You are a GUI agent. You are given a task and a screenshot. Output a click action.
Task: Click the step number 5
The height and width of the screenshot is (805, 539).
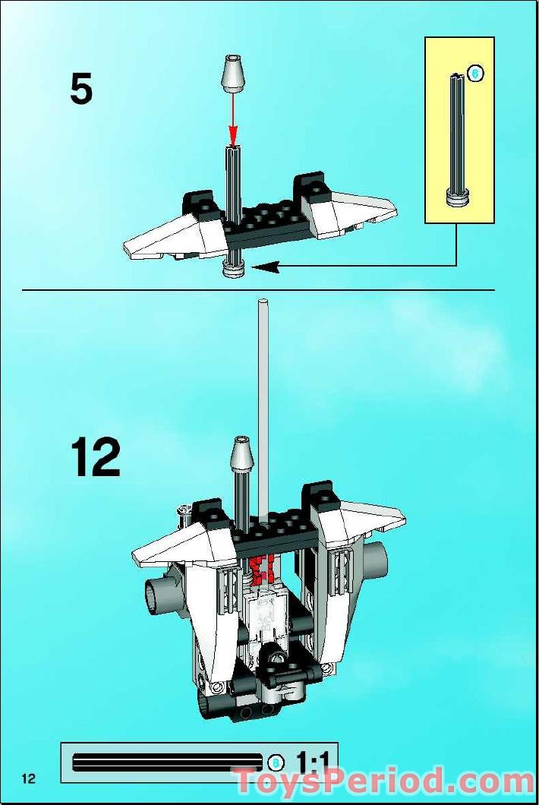(81, 90)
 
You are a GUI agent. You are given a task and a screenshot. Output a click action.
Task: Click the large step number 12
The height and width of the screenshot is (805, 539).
(96, 457)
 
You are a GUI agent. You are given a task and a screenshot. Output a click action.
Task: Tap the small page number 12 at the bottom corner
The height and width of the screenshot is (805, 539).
(29, 778)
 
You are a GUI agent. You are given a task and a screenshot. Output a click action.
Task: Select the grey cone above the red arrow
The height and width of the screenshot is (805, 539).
(234, 74)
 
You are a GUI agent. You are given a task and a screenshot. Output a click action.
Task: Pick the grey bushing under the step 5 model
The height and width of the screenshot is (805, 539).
(232, 268)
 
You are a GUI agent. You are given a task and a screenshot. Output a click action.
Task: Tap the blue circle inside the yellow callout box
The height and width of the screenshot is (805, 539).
(475, 73)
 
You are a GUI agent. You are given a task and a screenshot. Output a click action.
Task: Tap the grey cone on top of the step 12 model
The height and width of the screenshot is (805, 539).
(241, 453)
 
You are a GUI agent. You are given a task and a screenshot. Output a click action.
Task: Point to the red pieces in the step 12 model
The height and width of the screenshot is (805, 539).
(263, 568)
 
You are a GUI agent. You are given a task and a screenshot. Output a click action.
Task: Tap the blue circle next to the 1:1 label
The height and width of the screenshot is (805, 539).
(277, 761)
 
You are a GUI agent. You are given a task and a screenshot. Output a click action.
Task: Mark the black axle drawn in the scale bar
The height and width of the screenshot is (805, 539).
(167, 762)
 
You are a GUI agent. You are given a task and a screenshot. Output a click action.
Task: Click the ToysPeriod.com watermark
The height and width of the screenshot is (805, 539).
(383, 781)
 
